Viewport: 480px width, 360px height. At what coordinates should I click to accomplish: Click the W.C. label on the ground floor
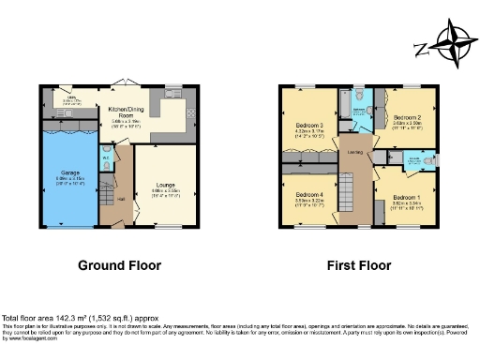[x=106, y=157]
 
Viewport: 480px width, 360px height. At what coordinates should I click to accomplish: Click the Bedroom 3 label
[x=309, y=126]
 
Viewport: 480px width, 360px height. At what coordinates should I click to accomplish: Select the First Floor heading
[x=358, y=265]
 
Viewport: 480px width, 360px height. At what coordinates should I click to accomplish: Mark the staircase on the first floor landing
[x=346, y=197]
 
